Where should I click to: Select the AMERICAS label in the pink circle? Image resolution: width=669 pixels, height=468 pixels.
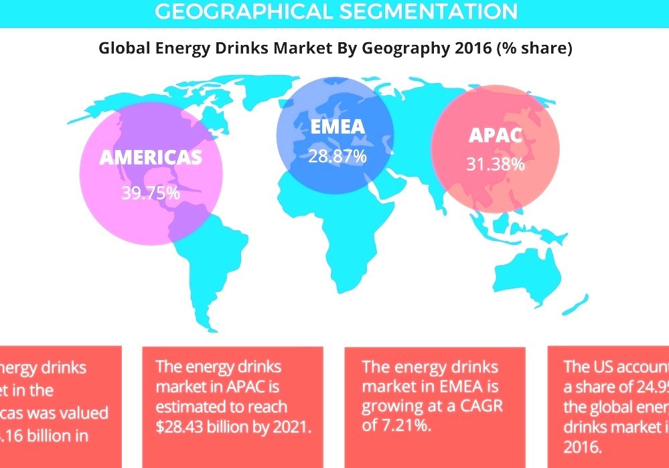click(151, 157)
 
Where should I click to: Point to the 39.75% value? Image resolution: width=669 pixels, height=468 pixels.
click(151, 193)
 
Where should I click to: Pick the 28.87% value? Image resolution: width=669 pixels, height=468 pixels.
click(337, 157)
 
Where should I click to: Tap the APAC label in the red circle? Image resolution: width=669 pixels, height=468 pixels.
click(496, 135)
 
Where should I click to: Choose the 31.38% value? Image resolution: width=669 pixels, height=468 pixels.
click(496, 164)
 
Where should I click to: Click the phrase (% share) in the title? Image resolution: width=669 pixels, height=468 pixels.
click(534, 48)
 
